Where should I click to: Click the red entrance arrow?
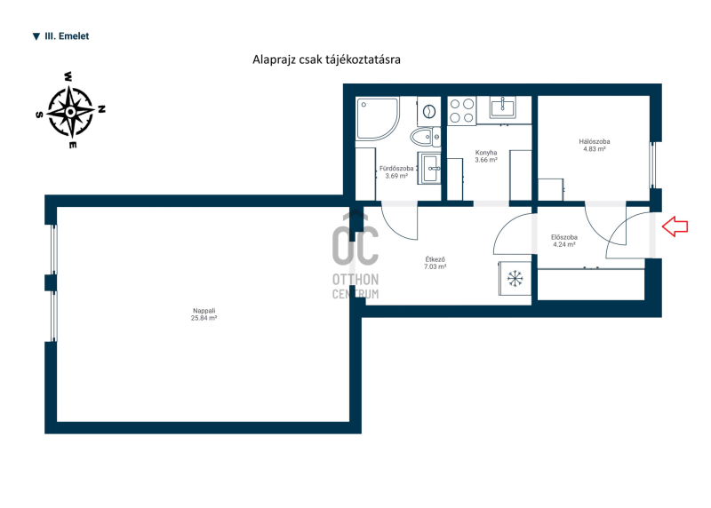[x=675, y=226]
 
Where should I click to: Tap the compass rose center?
[x=71, y=112]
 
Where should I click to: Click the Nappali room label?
[x=204, y=311]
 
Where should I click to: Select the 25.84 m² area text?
[x=204, y=318]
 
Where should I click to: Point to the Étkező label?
[x=435, y=259]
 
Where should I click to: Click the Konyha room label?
[x=486, y=153]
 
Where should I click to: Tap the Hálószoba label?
[x=595, y=141]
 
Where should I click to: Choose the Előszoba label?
[x=564, y=237]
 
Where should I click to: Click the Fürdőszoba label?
[x=396, y=169]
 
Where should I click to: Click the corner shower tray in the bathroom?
[x=377, y=118]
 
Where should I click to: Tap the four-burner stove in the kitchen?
[x=461, y=111]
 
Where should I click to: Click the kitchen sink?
[x=503, y=107]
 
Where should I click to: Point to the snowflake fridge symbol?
[x=515, y=278]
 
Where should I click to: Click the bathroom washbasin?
[x=429, y=168]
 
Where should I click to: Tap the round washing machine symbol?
[x=428, y=111]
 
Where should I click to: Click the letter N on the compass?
[x=102, y=109]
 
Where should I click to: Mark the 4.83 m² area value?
[x=595, y=148]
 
